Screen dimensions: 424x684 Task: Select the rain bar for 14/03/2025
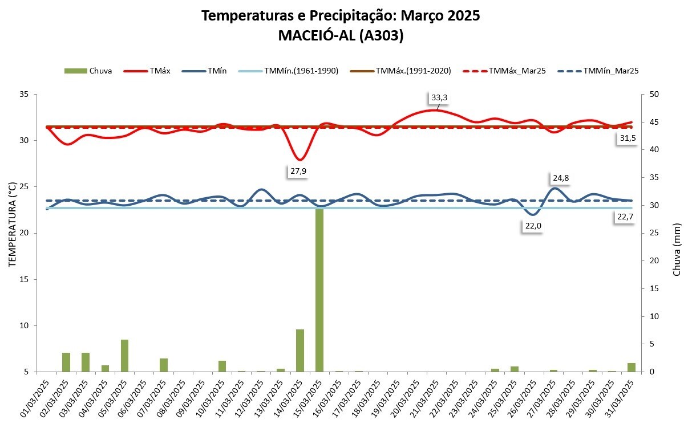click(300, 350)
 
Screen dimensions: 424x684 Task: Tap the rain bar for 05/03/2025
click(124, 356)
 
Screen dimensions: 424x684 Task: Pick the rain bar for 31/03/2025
click(632, 367)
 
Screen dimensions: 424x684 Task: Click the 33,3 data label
click(439, 98)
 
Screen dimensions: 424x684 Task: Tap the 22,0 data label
click(533, 226)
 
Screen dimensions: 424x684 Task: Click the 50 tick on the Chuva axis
click(650, 94)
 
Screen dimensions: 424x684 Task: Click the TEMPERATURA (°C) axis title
click(12, 225)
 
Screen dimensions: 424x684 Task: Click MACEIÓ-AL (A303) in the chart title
click(341, 35)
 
